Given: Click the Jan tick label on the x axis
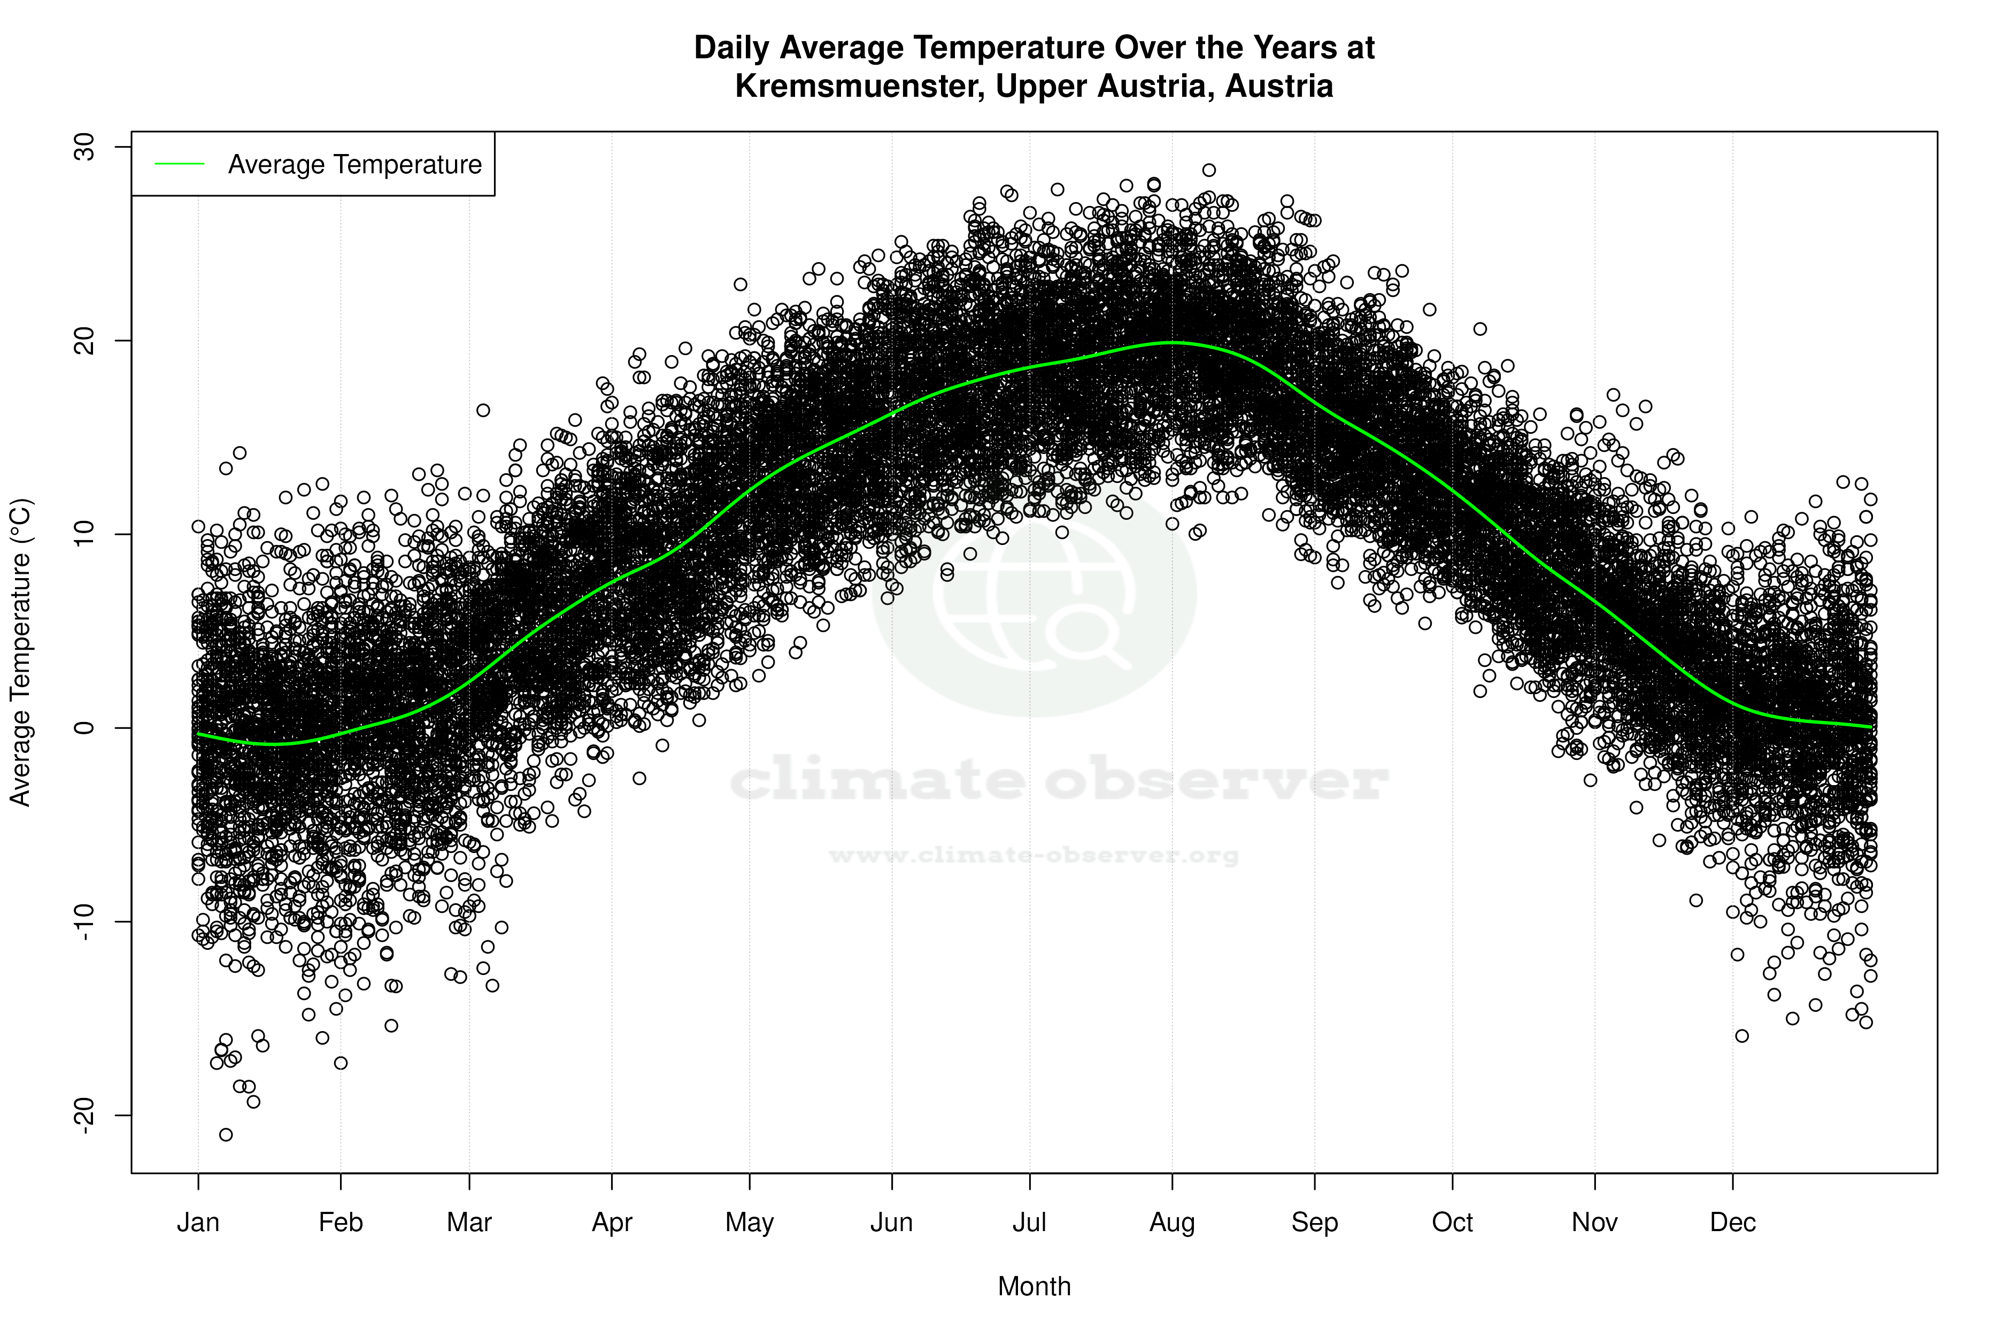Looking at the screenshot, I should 198,1223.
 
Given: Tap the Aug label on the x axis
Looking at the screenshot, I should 1171,1223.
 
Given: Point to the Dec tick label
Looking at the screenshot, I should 1732,1223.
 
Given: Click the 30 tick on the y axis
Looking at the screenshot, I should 85,147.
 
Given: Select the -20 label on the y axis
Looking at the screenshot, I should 85,1115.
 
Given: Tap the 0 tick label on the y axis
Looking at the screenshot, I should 85,727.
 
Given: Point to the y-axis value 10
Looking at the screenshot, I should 85,534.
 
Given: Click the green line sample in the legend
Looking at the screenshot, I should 179,164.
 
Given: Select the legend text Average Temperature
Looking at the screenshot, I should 354,164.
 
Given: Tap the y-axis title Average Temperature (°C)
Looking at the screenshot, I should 20,652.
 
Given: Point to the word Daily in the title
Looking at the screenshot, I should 732,48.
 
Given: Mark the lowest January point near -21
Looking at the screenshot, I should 226,1134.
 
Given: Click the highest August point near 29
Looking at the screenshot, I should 1209,170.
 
